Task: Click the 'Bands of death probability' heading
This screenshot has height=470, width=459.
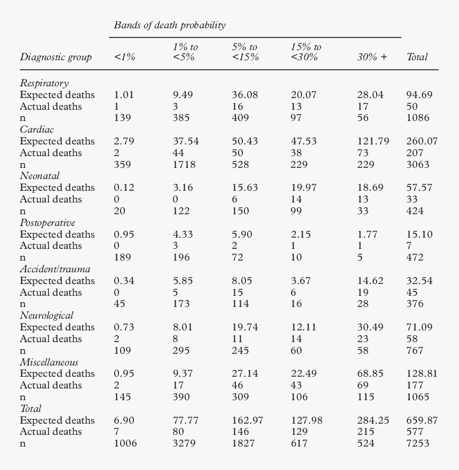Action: tap(169, 25)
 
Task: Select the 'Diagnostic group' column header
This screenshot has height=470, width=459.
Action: tap(56, 57)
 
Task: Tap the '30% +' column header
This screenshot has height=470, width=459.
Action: tap(372, 57)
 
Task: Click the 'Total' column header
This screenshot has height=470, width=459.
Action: tap(417, 57)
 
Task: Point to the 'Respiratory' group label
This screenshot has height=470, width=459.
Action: tap(44, 83)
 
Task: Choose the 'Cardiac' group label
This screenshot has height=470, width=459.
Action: tap(37, 129)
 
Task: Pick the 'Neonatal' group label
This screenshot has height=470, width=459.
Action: tap(39, 176)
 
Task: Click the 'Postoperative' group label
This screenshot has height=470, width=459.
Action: tap(48, 223)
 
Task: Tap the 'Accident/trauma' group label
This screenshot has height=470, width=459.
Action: tap(55, 269)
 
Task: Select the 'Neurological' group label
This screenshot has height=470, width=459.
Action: tap(46, 315)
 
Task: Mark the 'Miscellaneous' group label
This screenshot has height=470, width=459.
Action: tap(49, 362)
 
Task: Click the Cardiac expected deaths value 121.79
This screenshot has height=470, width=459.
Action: tap(373, 141)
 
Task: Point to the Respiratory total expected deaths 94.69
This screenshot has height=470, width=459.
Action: tap(419, 95)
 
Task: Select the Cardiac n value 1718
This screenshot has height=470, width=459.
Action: tap(184, 165)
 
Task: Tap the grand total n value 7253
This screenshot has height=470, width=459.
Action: tap(417, 443)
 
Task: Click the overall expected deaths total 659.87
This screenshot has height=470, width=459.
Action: tap(422, 420)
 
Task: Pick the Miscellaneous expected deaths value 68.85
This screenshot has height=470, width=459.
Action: tap(370, 374)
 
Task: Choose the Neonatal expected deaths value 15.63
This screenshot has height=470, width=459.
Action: tap(245, 188)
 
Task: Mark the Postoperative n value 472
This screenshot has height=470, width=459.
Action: tap(415, 257)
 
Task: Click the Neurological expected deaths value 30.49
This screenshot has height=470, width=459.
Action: tap(370, 327)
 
